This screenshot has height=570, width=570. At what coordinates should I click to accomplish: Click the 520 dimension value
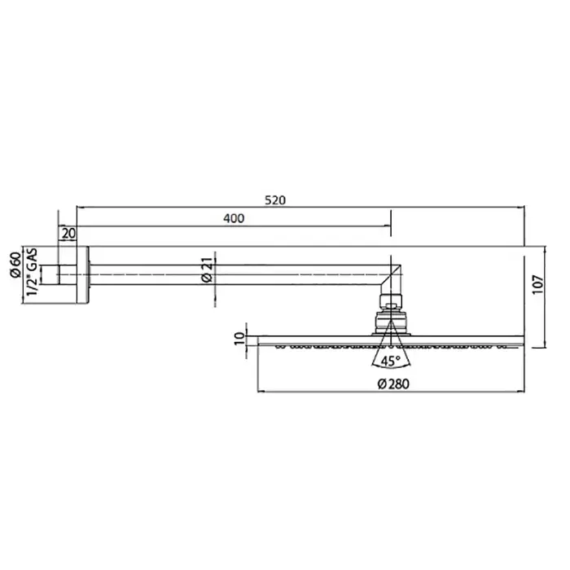point(275,200)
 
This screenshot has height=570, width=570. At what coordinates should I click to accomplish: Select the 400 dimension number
point(234,218)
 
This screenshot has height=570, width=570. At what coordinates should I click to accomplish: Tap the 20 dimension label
point(68,234)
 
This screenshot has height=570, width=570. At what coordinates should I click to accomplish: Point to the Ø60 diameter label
point(15,265)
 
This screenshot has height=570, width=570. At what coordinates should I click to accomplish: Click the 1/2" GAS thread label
point(33,272)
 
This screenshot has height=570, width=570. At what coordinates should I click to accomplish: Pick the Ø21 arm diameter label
point(207,270)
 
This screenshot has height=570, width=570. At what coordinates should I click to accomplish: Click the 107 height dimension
point(538,284)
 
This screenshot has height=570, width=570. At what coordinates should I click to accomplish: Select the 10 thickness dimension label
point(240,339)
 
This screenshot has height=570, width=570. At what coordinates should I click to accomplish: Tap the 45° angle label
point(391,362)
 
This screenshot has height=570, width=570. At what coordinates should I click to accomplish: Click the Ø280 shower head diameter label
point(393,384)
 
